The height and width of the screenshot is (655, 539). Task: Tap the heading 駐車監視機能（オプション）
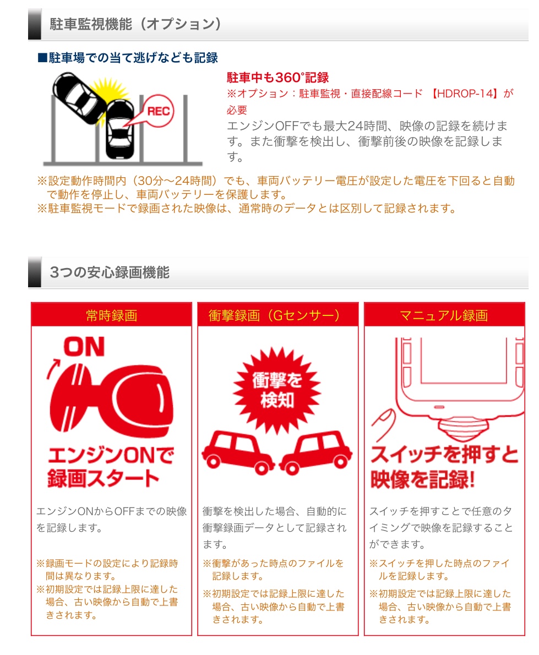135,24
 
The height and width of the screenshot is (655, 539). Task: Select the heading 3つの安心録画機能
110,272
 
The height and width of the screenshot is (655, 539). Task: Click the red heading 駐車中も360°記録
278,78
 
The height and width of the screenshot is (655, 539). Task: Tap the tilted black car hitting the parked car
79,98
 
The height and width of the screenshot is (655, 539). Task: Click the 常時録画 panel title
112,315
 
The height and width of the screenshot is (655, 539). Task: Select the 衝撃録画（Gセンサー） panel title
275,315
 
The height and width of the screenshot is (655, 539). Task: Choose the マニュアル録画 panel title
444,315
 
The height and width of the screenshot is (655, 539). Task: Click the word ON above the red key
84,347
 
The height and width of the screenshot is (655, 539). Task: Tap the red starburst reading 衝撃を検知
277,391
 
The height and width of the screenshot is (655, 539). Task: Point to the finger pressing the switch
384,424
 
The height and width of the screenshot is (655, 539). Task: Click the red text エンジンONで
111,455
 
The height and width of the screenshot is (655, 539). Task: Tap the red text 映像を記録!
423,479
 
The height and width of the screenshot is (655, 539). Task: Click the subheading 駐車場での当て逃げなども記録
128,58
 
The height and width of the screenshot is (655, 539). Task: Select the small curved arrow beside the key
53,369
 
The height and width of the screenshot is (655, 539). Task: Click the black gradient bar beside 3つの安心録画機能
35,272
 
